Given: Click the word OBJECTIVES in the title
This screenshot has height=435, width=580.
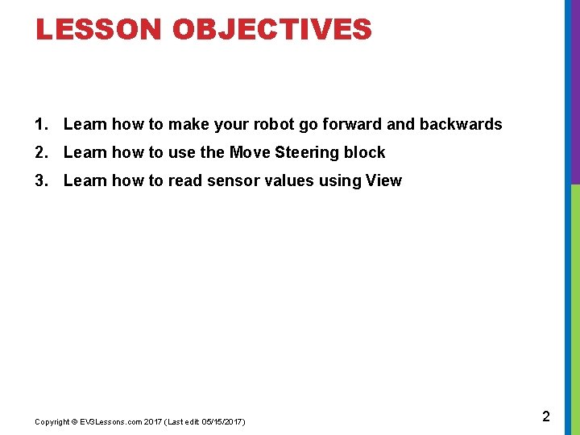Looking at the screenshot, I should click(x=272, y=30).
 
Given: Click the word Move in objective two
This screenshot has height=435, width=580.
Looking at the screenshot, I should click(x=250, y=152).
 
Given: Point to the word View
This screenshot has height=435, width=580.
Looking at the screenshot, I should click(x=383, y=180).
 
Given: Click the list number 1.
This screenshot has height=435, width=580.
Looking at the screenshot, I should click(x=41, y=124).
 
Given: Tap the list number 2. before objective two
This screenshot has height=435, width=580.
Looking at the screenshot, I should click(x=41, y=152).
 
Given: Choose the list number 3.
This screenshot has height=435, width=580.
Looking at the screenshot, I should click(x=41, y=180).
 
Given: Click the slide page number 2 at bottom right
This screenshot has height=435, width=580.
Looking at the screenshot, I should click(x=546, y=416).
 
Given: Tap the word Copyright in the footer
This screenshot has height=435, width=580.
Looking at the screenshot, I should click(x=52, y=422).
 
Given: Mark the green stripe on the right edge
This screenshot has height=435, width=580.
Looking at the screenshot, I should click(x=575, y=306).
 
